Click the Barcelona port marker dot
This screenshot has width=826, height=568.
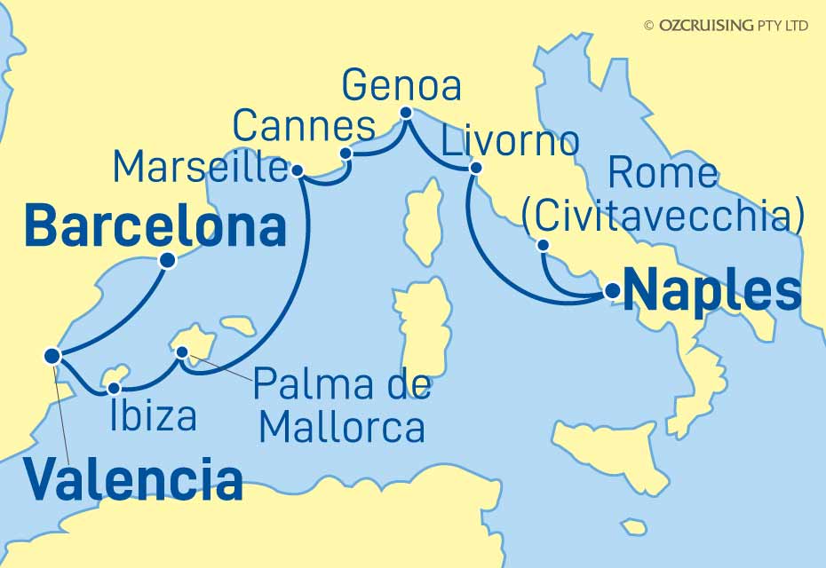[166, 261]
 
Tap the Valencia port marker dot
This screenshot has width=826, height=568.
[52, 356]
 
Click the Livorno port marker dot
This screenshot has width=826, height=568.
[476, 167]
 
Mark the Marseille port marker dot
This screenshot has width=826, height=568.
[298, 170]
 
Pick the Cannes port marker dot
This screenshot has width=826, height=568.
[348, 154]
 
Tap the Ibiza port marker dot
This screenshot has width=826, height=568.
[114, 388]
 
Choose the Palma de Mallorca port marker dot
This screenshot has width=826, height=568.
[183, 353]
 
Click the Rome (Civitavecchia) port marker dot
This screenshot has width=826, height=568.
[543, 246]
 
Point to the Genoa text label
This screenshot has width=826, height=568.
[401, 87]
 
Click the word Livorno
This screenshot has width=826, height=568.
[511, 141]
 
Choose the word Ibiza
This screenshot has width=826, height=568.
[154, 415]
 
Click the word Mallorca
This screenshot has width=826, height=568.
[341, 428]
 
